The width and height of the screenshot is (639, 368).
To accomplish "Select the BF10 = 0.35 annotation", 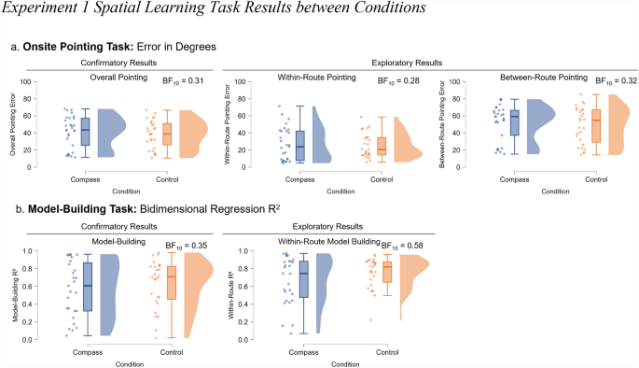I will tap(187, 246).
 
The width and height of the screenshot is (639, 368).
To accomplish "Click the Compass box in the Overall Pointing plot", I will tap(85, 131).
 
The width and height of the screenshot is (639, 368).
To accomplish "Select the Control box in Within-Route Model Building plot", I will tap(386, 272).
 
